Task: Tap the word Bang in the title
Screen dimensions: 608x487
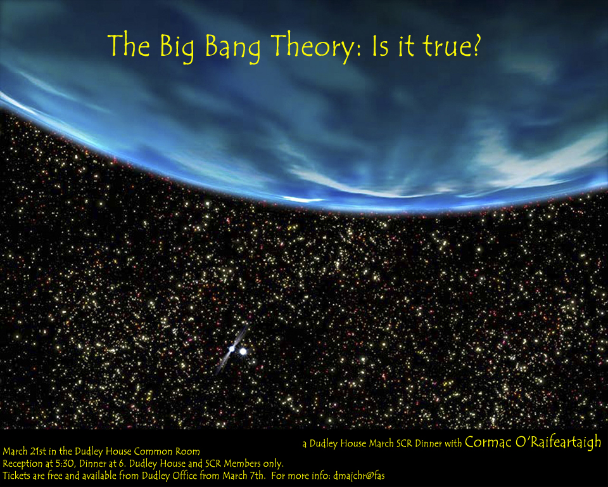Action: [232, 48]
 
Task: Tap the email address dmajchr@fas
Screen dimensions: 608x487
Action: [359, 476]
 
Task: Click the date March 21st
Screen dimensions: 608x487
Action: [24, 451]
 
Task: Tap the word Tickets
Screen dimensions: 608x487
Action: [16, 476]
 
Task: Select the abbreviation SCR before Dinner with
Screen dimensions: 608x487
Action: [403, 443]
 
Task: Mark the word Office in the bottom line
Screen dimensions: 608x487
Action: [184, 476]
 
